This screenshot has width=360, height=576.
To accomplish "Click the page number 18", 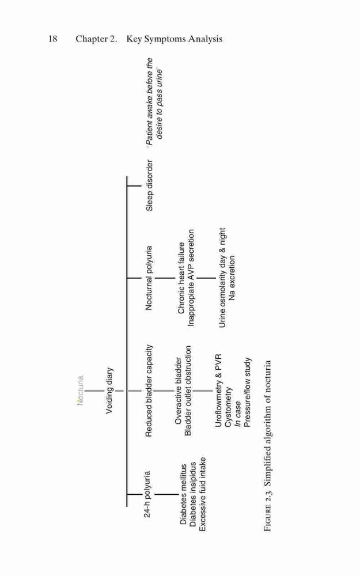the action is (52, 39).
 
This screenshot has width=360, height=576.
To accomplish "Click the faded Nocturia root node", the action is (81, 390).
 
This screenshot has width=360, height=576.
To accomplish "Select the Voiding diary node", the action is (109, 391).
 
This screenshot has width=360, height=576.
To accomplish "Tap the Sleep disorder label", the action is (150, 185).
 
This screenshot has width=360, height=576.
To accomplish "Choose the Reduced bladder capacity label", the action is (149, 391).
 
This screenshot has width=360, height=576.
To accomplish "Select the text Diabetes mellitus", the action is (183, 494).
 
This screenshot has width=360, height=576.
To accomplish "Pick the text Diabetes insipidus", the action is (193, 494).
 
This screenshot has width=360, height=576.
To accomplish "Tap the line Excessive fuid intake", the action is (202, 494).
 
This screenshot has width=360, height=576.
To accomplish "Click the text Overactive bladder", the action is (179, 391).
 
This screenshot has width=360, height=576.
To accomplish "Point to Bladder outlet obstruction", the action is (188, 391).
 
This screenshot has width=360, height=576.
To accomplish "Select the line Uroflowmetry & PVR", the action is (218, 391).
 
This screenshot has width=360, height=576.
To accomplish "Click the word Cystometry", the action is (228, 407).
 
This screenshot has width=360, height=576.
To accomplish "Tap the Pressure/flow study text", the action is (247, 393).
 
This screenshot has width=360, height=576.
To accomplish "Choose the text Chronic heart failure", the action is (181, 278).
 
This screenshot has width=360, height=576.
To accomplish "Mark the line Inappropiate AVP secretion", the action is (191, 278).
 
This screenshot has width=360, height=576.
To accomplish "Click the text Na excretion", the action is (232, 278).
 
